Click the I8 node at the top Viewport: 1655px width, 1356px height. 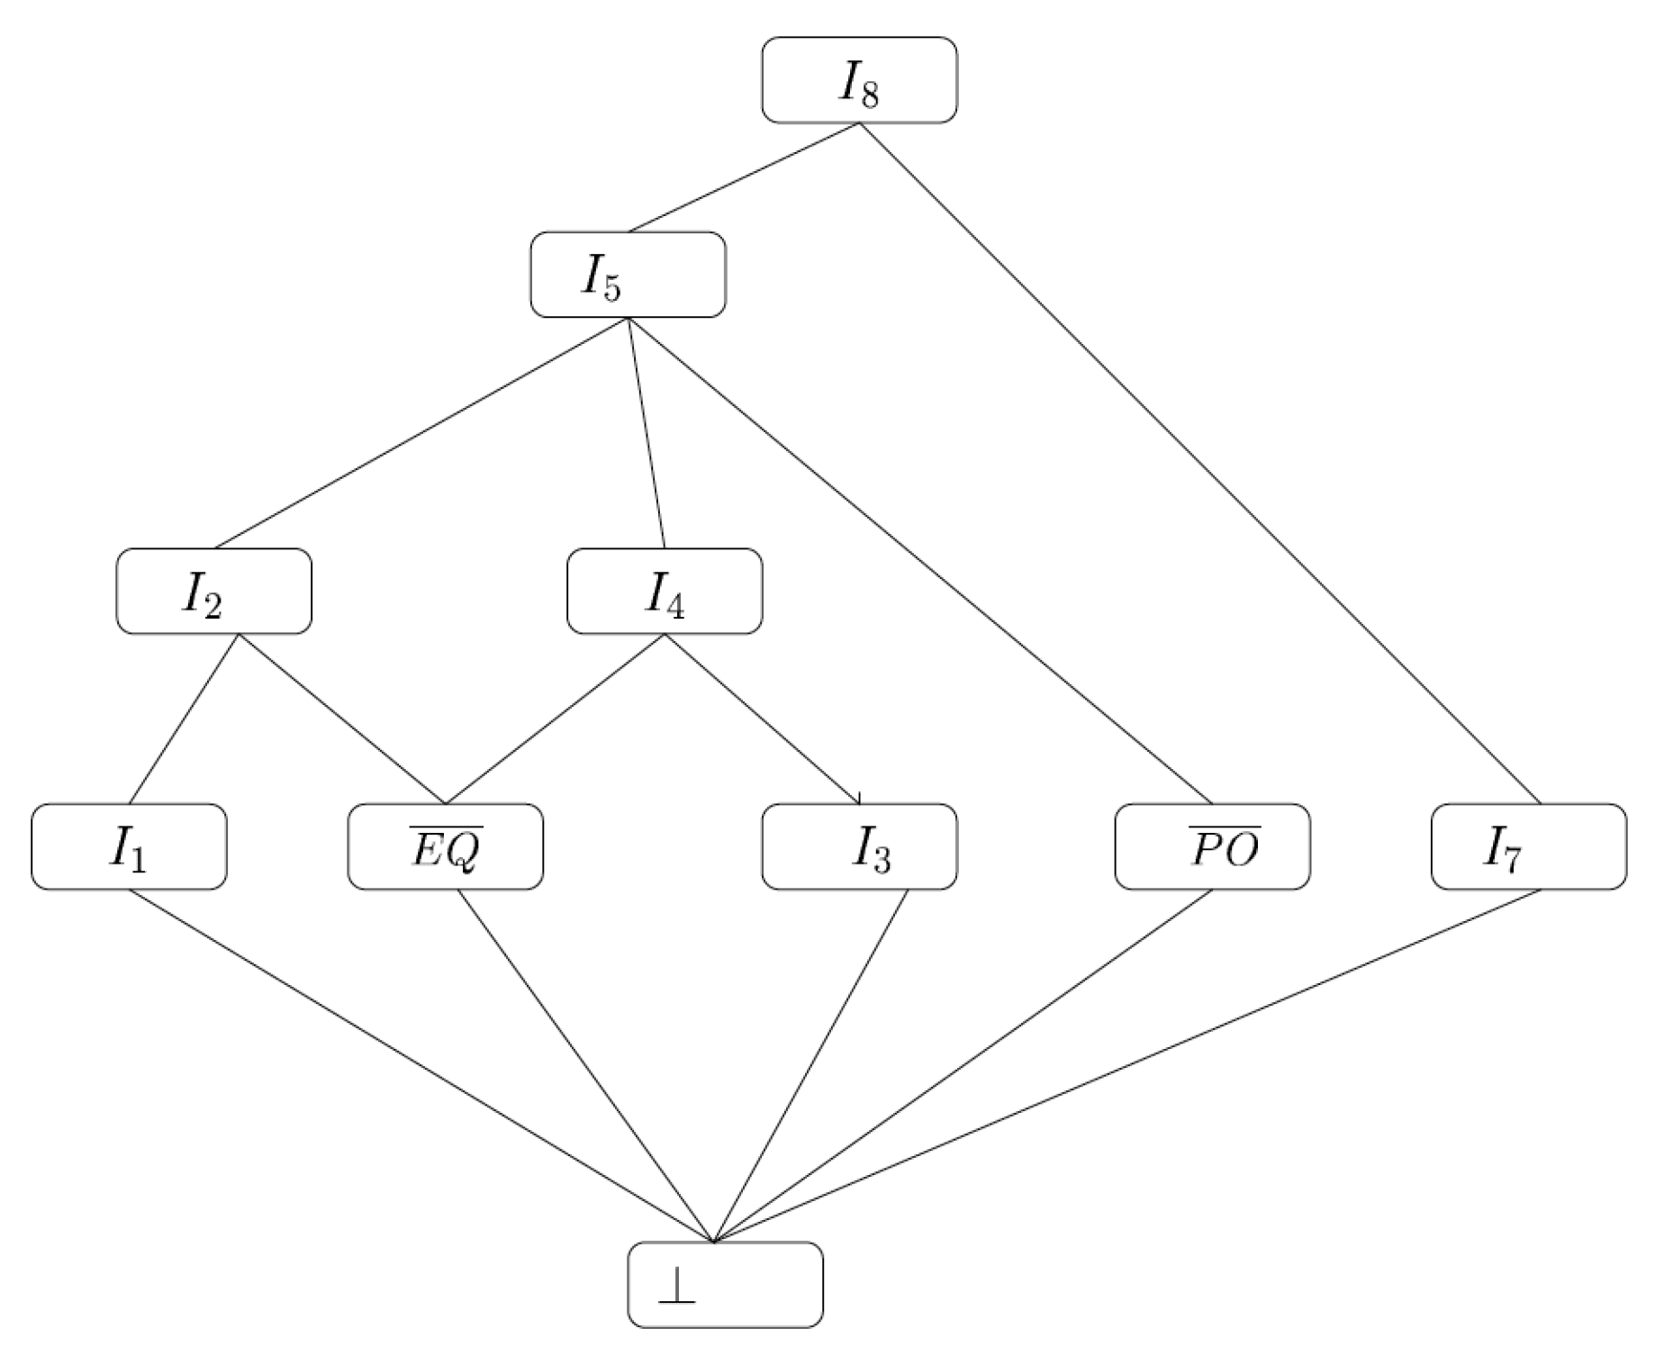click(859, 80)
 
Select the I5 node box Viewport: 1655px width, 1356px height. click(628, 275)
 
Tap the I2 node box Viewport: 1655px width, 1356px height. click(214, 592)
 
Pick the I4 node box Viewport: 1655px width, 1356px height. click(665, 592)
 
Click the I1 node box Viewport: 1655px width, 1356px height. click(129, 846)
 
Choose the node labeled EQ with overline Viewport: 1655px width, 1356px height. click(446, 846)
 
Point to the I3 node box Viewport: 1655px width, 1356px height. click(859, 846)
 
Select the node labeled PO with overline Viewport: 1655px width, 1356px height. click(1212, 846)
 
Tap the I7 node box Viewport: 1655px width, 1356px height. click(1528, 846)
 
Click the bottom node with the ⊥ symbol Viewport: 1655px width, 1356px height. click(725, 1284)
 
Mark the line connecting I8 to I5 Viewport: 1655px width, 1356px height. click(744, 176)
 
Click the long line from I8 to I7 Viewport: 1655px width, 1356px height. click(1200, 463)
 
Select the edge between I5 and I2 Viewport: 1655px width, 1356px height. click(421, 433)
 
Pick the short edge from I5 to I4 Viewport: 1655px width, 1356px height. click(646, 432)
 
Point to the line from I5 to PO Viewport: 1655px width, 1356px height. click(919, 560)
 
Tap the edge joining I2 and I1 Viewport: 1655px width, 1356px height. click(184, 719)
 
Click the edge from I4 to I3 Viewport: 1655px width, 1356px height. click(762, 719)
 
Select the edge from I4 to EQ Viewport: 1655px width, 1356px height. click(555, 719)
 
